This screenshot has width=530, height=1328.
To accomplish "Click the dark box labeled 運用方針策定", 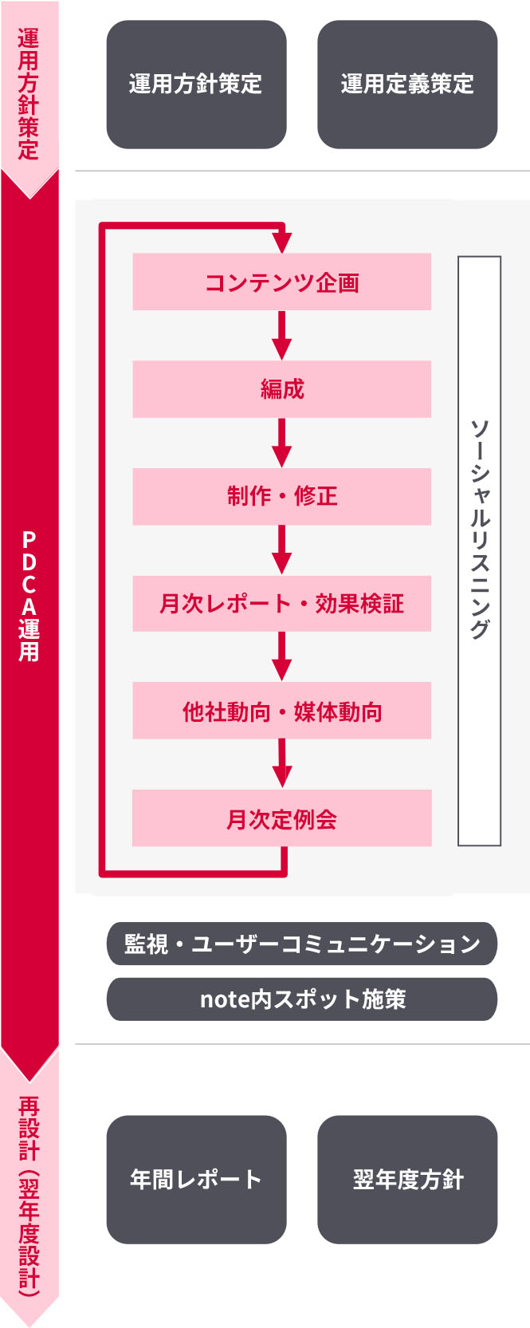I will click(x=196, y=85).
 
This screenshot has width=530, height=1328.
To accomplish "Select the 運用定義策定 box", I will click(x=407, y=85).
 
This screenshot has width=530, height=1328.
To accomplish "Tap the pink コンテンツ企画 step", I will click(x=281, y=282).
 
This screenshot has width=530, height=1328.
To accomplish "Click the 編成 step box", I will click(x=281, y=389).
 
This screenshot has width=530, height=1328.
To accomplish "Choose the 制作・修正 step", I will click(x=281, y=496).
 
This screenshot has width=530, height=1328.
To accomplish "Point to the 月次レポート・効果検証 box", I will click(x=281, y=604).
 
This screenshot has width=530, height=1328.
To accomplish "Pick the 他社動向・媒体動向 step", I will click(x=281, y=711).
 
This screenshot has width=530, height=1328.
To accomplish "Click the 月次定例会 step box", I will click(x=281, y=818).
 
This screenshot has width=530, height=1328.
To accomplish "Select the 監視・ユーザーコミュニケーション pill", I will click(x=302, y=944).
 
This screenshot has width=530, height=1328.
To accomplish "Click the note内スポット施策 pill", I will click(x=302, y=999).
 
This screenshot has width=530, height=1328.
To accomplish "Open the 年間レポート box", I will click(x=196, y=1179).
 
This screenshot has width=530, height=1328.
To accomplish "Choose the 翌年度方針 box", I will click(x=407, y=1179).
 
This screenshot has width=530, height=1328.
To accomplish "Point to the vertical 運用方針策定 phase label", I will click(x=29, y=94).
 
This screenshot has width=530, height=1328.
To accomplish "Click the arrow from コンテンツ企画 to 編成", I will click(x=281, y=336).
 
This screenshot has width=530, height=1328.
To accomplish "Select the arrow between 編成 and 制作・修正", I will click(x=281, y=443).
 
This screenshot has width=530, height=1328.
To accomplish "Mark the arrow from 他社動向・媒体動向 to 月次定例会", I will click(x=281, y=765).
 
